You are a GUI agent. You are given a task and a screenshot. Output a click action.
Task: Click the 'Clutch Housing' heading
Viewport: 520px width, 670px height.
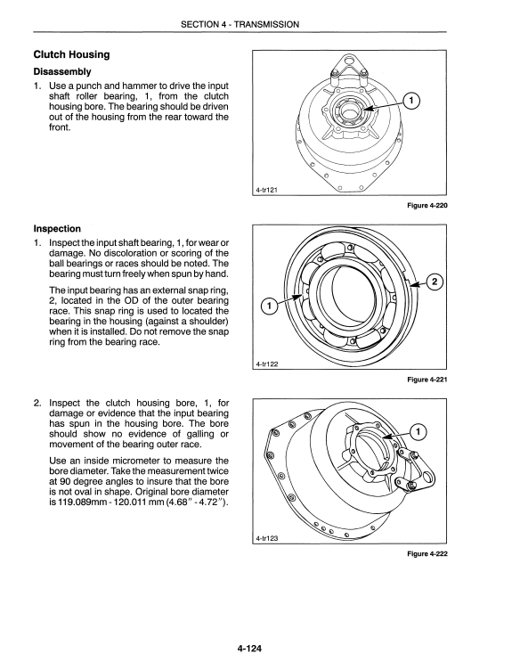72,54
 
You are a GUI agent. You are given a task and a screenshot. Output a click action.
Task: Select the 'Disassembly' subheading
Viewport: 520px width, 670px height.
62,71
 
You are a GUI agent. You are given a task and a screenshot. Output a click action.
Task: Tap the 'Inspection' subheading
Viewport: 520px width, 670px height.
57,229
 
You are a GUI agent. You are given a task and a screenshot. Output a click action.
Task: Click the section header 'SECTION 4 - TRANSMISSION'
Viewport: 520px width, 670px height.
240,24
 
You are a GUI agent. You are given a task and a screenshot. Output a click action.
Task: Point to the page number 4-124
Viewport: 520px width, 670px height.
249,649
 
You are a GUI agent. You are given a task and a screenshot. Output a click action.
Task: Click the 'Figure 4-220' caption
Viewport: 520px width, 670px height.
427,206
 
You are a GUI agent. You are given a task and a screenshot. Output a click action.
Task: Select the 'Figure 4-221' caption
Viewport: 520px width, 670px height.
427,380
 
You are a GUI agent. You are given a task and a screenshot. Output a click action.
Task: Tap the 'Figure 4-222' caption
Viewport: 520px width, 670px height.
427,554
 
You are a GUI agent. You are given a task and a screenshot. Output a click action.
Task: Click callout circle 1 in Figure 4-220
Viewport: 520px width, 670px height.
411,101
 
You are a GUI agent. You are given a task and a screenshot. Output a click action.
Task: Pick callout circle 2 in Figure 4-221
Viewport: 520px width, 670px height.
435,282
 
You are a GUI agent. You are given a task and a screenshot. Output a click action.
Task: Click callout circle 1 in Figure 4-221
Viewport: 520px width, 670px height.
270,306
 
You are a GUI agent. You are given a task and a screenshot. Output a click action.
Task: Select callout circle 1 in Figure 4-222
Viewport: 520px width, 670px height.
418,432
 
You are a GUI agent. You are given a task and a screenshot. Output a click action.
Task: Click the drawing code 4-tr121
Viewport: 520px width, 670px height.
267,190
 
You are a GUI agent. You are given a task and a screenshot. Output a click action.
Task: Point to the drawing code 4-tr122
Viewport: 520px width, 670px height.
267,364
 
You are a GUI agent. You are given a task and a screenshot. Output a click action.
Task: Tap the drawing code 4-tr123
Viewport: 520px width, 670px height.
267,538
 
